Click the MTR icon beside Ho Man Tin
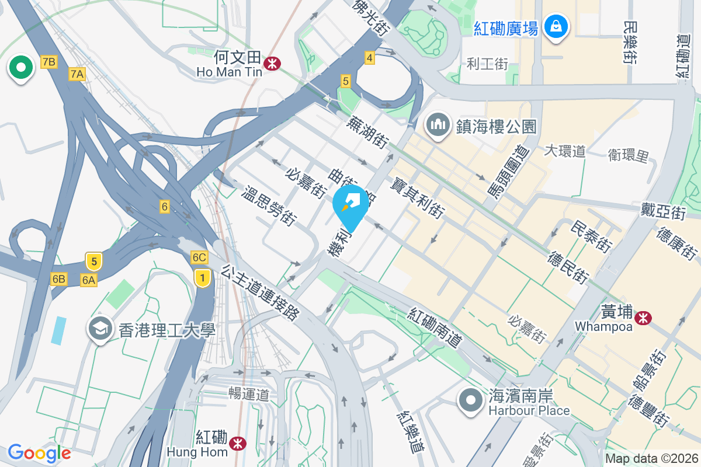click(271, 63)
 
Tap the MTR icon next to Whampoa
click(644, 318)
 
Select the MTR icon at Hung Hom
click(237, 443)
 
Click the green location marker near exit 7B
click(21, 67)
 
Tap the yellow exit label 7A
click(77, 74)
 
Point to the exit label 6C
click(199, 257)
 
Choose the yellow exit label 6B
click(58, 278)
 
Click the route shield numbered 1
click(202, 278)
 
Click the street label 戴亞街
click(662, 211)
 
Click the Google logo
click(39, 453)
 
